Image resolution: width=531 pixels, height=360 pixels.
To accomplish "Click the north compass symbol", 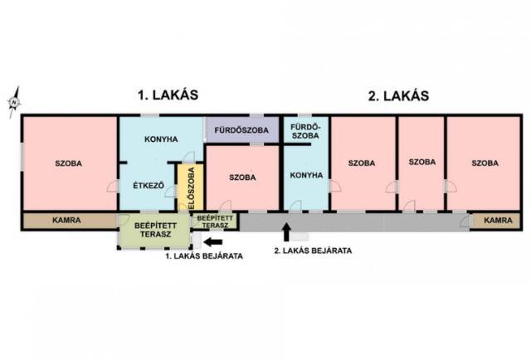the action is pyautogui.click(x=14, y=102).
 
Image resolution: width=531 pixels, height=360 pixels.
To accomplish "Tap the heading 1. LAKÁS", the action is pyautogui.click(x=168, y=95).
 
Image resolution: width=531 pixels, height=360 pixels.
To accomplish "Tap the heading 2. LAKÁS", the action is pyautogui.click(x=398, y=96).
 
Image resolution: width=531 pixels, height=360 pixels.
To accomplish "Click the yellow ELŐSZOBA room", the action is pyautogui.click(x=191, y=187).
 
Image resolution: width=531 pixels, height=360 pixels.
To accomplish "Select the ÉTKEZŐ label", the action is pyautogui.click(x=149, y=186).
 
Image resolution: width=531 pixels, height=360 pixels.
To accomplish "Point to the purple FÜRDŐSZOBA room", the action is pyautogui.click(x=241, y=129).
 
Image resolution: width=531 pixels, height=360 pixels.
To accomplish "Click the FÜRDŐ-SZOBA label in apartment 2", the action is pyautogui.click(x=305, y=131).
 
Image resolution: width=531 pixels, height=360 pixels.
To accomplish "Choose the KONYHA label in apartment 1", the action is pyautogui.click(x=161, y=139).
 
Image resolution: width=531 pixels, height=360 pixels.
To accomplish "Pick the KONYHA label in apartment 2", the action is pyautogui.click(x=306, y=175).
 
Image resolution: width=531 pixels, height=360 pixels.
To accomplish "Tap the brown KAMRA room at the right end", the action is pyautogui.click(x=496, y=221).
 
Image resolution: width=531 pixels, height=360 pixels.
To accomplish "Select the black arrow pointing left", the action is pyautogui.click(x=213, y=242).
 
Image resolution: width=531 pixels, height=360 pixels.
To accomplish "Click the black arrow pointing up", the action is pyautogui.click(x=286, y=232).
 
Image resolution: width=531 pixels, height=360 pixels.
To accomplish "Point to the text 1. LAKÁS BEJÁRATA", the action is pyautogui.click(x=204, y=256).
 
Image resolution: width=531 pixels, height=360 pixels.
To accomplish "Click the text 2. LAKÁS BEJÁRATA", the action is pyautogui.click(x=313, y=251).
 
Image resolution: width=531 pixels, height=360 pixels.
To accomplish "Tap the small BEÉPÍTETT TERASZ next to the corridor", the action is pyautogui.click(x=215, y=221).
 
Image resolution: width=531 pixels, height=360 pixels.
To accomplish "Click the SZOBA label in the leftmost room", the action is pyautogui.click(x=68, y=163).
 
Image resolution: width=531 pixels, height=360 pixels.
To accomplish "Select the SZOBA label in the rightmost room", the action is pyautogui.click(x=485, y=163).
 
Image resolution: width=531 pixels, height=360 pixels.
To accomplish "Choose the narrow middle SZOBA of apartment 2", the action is pyautogui.click(x=421, y=163).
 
